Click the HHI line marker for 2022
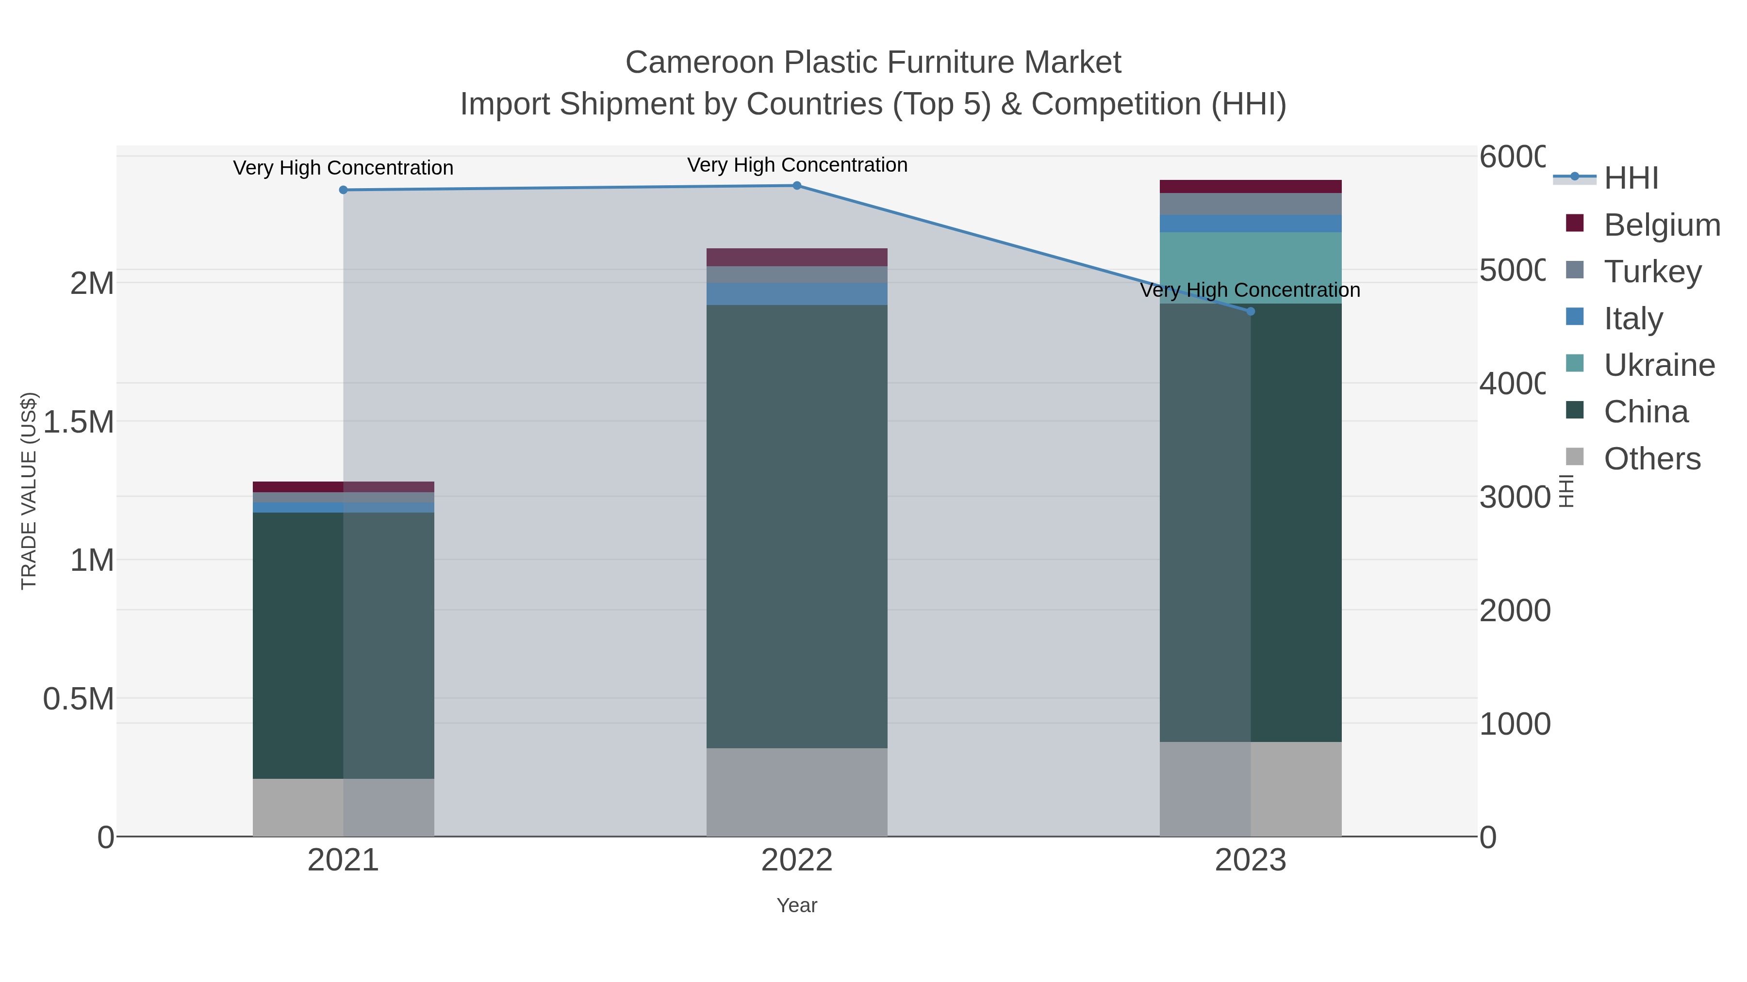[797, 186]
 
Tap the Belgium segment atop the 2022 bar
[797, 258]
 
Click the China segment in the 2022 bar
[797, 527]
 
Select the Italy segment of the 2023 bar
[1251, 224]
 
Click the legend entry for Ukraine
[1658, 365]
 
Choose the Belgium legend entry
[1661, 225]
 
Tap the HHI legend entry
[1631, 178]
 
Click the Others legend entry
[1651, 459]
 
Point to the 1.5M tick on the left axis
[79, 422]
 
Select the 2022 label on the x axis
[797, 861]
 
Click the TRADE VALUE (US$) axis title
[29, 491]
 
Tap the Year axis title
[797, 905]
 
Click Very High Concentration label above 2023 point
[1250, 290]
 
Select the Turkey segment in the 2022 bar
[797, 274]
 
